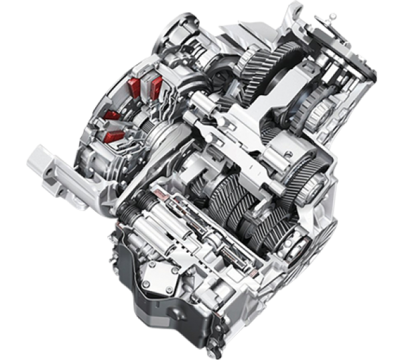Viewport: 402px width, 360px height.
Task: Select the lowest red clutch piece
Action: (116, 137)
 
